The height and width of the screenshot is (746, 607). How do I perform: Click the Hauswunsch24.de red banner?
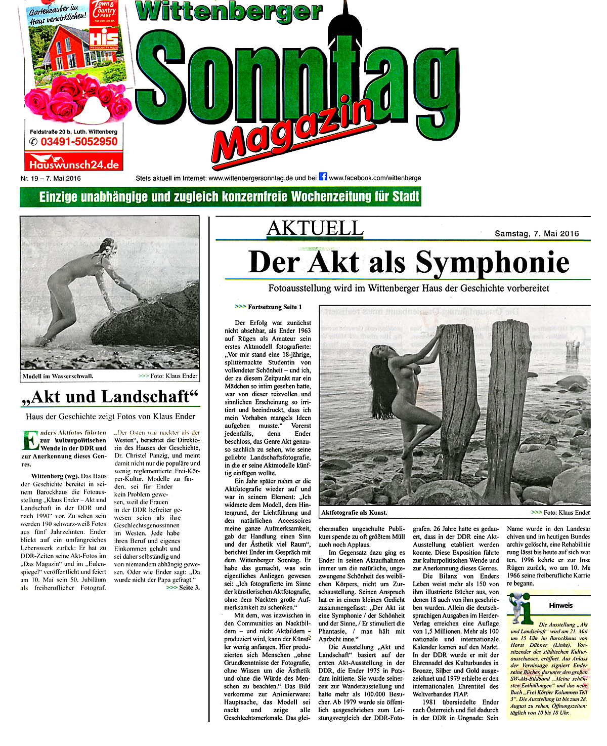(74, 164)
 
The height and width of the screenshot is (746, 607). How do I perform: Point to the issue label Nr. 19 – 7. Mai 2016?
(51, 178)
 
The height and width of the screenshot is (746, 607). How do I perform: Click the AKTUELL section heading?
(315, 229)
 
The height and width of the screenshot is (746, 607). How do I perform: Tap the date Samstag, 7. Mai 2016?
(537, 234)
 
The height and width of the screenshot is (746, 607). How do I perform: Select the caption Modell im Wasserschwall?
(58, 377)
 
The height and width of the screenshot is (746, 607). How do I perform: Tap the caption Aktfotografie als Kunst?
(354, 512)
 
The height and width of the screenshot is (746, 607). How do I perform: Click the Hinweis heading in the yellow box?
(560, 605)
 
